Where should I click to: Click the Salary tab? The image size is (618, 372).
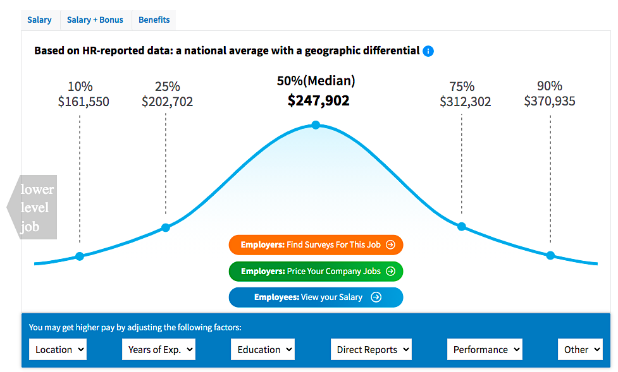pyautogui.click(x=39, y=20)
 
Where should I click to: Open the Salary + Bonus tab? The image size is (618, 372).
pyautogui.click(x=95, y=20)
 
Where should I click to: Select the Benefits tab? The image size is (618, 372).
pyautogui.click(x=154, y=20)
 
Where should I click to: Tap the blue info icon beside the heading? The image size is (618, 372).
pyautogui.click(x=428, y=51)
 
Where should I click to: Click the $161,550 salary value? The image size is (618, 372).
pyautogui.click(x=83, y=102)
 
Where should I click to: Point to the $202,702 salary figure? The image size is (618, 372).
pyautogui.click(x=167, y=102)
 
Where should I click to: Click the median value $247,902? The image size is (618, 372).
pyautogui.click(x=318, y=100)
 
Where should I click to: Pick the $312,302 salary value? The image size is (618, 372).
pyautogui.click(x=465, y=102)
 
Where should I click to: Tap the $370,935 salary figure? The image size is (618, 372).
pyautogui.click(x=549, y=102)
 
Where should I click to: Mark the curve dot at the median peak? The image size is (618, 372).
pyautogui.click(x=316, y=125)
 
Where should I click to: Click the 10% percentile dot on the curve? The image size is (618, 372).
pyautogui.click(x=80, y=256)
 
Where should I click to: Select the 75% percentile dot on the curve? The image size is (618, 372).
pyautogui.click(x=462, y=226)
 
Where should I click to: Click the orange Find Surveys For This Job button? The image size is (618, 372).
pyautogui.click(x=316, y=244)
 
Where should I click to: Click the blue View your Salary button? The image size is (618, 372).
pyautogui.click(x=316, y=297)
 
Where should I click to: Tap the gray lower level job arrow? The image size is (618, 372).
pyautogui.click(x=33, y=207)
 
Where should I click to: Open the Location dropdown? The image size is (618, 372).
pyautogui.click(x=58, y=349)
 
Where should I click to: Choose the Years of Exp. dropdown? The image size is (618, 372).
pyautogui.click(x=158, y=349)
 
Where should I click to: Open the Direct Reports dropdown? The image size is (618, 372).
pyautogui.click(x=371, y=349)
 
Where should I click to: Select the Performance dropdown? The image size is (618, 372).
pyautogui.click(x=485, y=349)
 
